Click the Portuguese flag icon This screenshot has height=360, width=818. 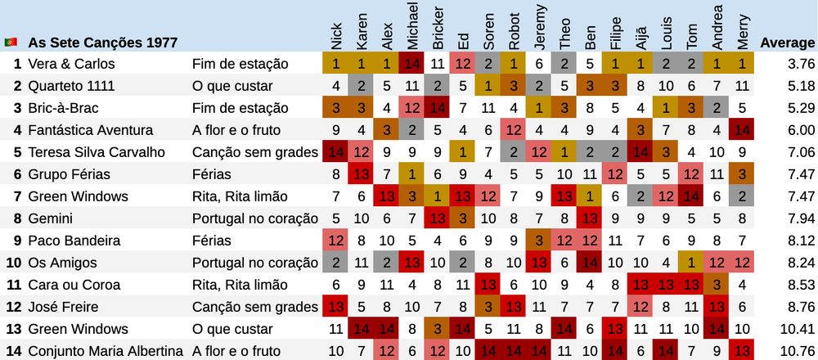(x=11, y=42)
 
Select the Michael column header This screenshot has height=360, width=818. (x=412, y=25)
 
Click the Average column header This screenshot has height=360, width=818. (x=787, y=42)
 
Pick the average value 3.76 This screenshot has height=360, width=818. (x=801, y=64)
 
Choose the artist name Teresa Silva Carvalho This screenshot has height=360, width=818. (x=97, y=152)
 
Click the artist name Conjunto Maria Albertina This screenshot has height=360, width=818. (x=106, y=351)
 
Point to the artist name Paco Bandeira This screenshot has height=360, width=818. (x=74, y=241)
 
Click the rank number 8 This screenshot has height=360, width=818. (x=17, y=218)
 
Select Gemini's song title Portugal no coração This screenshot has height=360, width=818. (x=254, y=218)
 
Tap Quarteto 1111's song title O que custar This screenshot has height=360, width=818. (x=231, y=86)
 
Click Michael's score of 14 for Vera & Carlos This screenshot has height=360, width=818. (x=412, y=64)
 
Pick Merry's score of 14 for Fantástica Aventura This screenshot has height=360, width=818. (x=742, y=130)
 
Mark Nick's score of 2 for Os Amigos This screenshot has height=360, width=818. (x=336, y=263)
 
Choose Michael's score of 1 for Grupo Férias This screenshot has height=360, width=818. (x=412, y=174)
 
